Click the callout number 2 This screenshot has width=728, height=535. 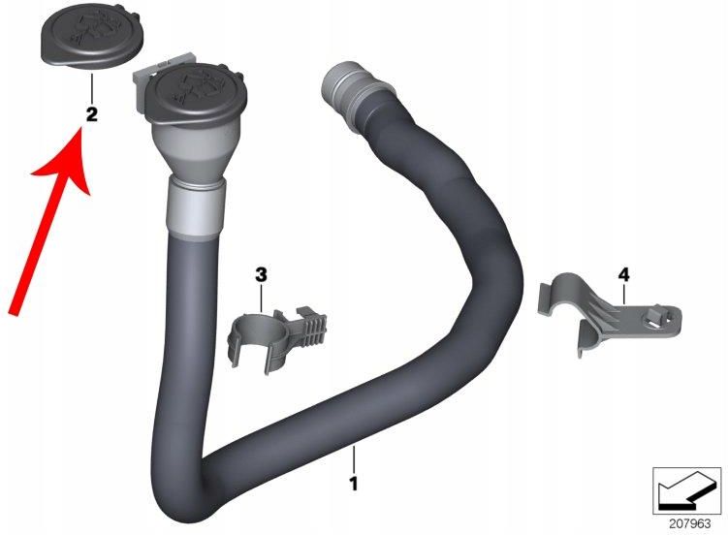coord(91,114)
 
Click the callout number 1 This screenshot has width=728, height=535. coord(354,481)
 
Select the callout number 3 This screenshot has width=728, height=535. coord(261,275)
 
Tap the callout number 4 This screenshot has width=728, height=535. coord(622,275)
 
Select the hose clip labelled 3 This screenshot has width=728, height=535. coord(277,334)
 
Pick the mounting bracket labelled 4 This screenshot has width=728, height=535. coord(601,310)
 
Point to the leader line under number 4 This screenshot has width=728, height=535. coord(622,296)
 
